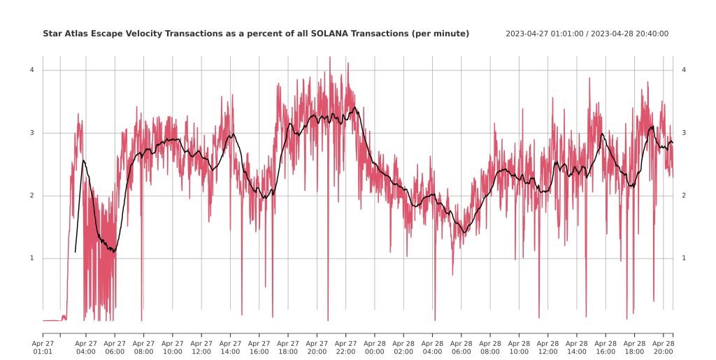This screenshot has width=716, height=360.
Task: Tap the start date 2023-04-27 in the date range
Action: pos(525,34)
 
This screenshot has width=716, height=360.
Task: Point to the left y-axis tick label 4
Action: pos(32,70)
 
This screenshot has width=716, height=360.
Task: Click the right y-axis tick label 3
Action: pos(684,133)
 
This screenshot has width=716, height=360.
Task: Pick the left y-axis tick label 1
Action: pos(32,258)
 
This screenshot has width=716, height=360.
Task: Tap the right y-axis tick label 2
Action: pos(684,195)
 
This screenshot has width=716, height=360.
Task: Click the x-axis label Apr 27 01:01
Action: pos(43,347)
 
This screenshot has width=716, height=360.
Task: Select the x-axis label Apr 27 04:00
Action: pos(86,347)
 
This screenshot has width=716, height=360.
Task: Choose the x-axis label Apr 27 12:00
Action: pos(201,347)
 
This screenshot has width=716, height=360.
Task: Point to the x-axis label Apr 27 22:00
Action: pos(345,347)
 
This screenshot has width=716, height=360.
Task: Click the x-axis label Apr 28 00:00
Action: pos(375,347)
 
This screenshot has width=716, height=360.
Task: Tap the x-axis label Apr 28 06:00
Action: pos(461,347)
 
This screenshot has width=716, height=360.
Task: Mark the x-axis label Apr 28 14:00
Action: pos(577,347)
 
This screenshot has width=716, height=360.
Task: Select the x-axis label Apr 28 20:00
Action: pos(663,347)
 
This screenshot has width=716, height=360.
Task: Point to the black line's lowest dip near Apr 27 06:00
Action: pos(114,252)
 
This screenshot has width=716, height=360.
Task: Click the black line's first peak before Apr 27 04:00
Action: pos(83,160)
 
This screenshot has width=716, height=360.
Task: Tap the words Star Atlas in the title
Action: pos(62,34)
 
